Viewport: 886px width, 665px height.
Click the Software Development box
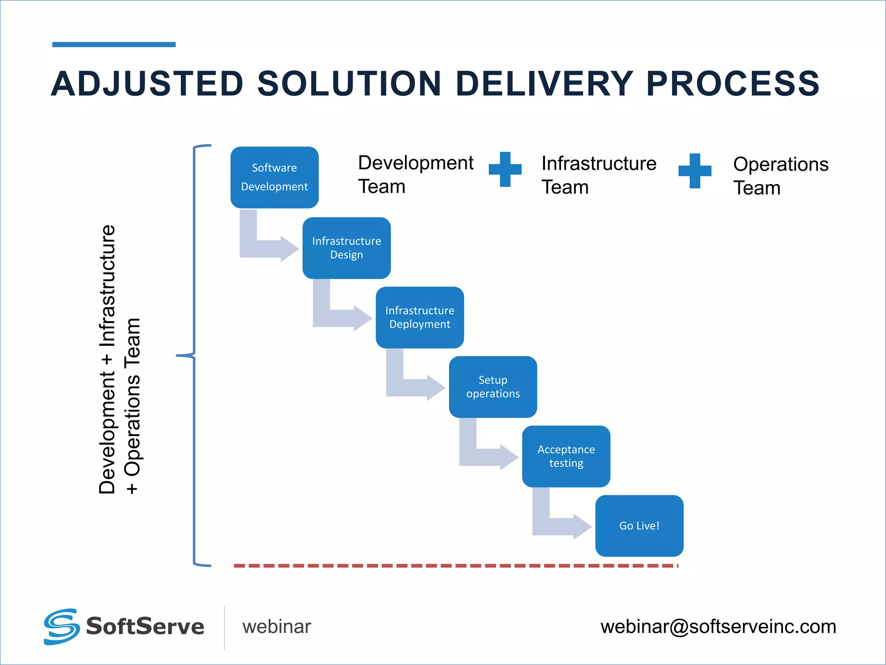click(x=274, y=178)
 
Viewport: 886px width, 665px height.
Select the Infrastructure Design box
click(x=347, y=248)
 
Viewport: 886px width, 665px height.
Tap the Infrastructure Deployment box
click(x=420, y=317)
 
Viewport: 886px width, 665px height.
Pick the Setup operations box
click(x=493, y=387)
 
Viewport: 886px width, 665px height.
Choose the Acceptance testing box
click(x=566, y=456)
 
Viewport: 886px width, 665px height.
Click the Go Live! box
click(x=639, y=526)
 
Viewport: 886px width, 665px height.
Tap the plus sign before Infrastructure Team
click(x=505, y=169)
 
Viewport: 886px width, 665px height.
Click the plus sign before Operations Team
click(x=695, y=171)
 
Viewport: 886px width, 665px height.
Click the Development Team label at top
click(x=415, y=174)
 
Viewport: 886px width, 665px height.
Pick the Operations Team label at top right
click(x=780, y=176)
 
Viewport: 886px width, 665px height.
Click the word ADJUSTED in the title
click(x=148, y=84)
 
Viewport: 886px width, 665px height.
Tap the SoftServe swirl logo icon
click(x=61, y=626)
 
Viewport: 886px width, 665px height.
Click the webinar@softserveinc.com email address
click(x=718, y=626)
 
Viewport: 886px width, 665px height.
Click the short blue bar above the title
click(x=114, y=44)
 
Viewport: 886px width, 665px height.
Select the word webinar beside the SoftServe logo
click(x=276, y=626)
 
